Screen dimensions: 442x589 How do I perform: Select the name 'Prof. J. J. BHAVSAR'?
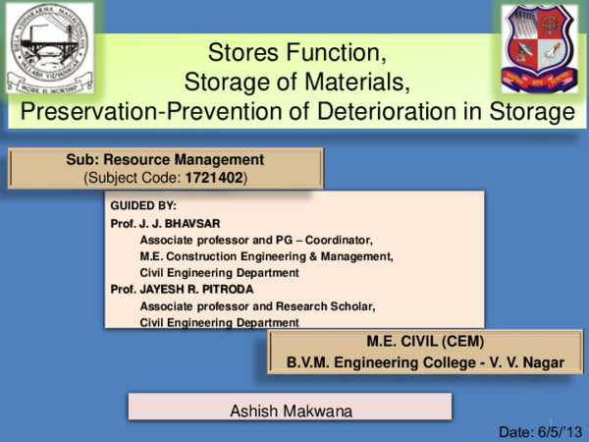[x=164, y=223]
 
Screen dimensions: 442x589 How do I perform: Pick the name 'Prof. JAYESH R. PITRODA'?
[x=179, y=289]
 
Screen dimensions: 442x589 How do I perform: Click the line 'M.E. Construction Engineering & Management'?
[x=267, y=256]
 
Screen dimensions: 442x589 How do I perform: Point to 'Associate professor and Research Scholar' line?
[x=258, y=305]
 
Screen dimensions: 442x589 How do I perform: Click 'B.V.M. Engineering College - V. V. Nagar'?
[x=425, y=362]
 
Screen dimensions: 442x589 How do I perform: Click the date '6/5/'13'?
[x=558, y=431]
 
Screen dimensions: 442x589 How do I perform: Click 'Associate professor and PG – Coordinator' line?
[x=257, y=240]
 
